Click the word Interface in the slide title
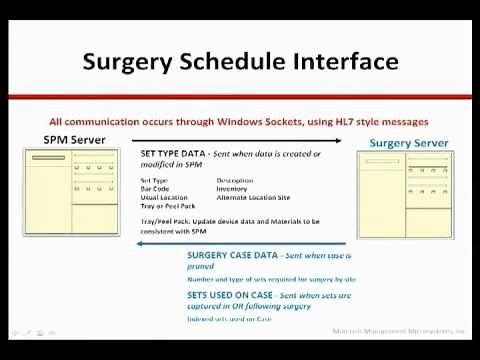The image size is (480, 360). point(344,62)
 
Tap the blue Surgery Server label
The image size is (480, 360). point(409,143)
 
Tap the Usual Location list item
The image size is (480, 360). point(163,198)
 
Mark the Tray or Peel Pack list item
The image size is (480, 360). point(168,206)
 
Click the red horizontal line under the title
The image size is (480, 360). point(240,97)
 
